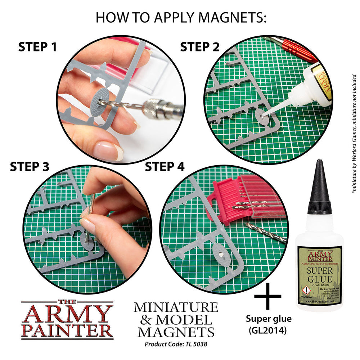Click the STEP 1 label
point(37,47)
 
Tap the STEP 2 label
point(200,47)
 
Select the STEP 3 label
point(30,166)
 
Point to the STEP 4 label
point(165,166)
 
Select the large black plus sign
point(267,296)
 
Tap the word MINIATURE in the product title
point(176,308)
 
